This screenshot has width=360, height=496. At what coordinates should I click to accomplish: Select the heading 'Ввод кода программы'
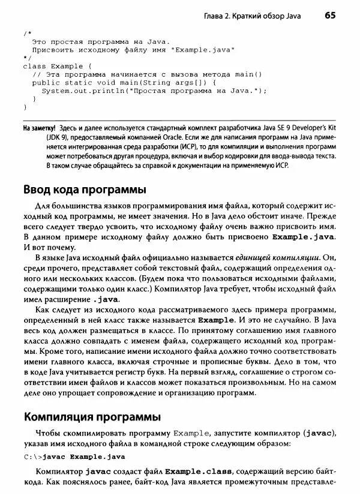[84, 190]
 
